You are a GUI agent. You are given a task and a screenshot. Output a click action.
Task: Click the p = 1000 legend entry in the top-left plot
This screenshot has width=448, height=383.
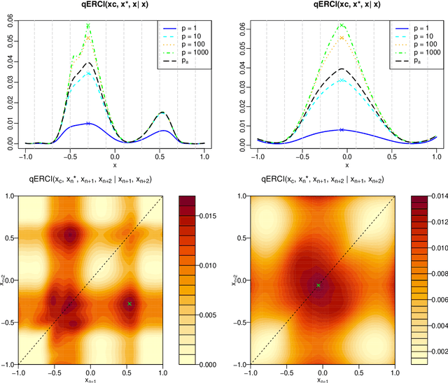[x=186, y=52]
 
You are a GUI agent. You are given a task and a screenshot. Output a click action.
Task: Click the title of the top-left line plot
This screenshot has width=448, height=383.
[x=115, y=6]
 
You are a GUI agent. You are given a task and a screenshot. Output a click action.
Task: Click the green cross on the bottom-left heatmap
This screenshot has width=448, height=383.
[x=129, y=304]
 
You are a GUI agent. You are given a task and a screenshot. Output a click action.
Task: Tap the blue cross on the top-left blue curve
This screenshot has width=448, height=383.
[x=88, y=123]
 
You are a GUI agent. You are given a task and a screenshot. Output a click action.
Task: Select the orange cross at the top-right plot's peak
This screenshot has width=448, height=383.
[x=342, y=38]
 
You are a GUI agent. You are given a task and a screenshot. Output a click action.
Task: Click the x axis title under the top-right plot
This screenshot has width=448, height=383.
[x=346, y=166]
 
